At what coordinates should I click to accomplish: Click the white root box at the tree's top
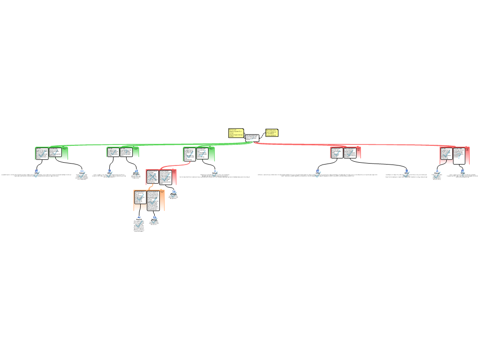(252, 138)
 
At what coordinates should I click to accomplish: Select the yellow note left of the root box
(235, 133)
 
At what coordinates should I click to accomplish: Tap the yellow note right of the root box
(271, 133)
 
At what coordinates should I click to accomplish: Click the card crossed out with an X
(152, 177)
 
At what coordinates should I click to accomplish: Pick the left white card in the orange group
(140, 200)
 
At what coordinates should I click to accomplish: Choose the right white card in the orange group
(153, 200)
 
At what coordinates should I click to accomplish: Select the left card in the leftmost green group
(42, 153)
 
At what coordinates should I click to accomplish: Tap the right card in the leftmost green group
(55, 152)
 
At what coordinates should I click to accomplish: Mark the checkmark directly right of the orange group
(174, 194)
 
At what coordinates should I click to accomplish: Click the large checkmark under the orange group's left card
(139, 224)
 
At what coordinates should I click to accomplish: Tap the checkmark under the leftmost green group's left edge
(37, 174)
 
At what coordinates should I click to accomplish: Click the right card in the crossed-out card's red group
(165, 177)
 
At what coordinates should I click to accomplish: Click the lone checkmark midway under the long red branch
(318, 174)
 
